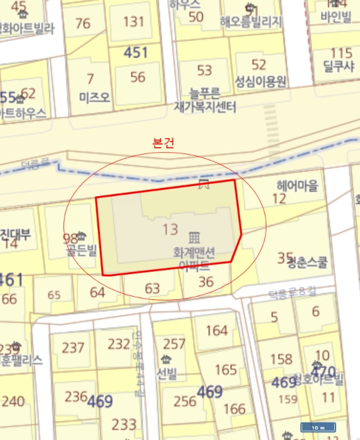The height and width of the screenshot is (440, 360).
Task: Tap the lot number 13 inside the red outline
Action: click(x=170, y=229)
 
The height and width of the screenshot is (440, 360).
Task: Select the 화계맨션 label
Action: click(x=195, y=253)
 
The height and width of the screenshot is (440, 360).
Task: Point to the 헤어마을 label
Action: click(x=298, y=185)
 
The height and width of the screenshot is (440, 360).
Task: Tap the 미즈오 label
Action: click(x=94, y=97)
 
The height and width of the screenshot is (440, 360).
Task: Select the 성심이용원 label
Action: click(x=261, y=82)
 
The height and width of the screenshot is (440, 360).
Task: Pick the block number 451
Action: click(x=136, y=53)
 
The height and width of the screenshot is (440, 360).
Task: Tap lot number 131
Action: click(x=133, y=21)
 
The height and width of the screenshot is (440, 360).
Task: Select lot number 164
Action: click(x=217, y=330)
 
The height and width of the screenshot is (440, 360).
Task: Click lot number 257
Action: click(x=174, y=344)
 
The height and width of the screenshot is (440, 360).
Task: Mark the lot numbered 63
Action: click(x=153, y=289)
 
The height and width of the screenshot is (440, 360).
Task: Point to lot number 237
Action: click(x=74, y=348)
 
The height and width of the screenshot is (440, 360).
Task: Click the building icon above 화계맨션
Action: click(x=194, y=237)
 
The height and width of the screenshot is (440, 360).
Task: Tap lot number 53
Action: click(x=205, y=69)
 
